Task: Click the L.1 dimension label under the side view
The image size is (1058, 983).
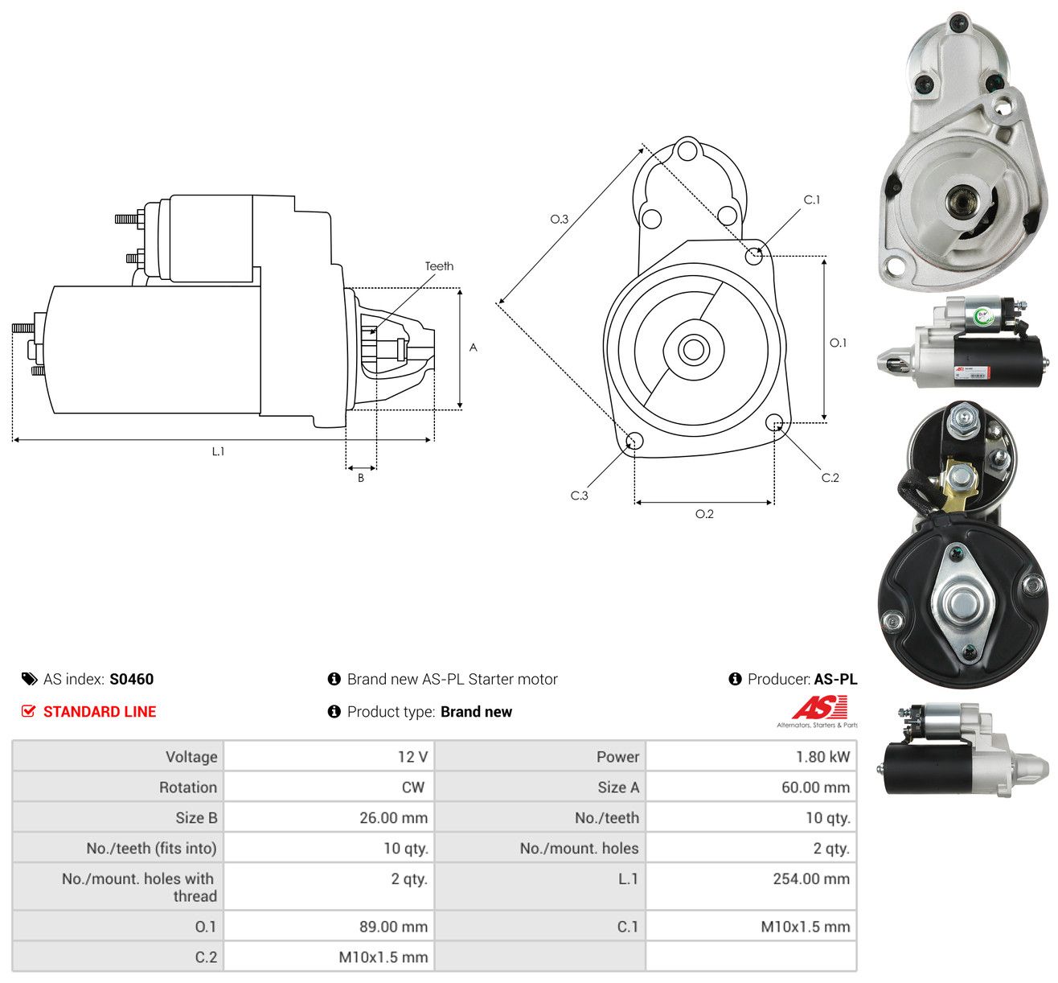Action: (x=218, y=451)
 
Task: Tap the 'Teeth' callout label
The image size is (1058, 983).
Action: (x=439, y=266)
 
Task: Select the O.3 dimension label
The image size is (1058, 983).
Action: (x=559, y=219)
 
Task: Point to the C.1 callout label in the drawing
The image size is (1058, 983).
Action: (x=811, y=200)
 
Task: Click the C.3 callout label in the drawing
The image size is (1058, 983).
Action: (x=579, y=496)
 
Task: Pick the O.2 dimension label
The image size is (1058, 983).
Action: (x=704, y=514)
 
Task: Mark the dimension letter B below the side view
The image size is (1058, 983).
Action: (x=361, y=478)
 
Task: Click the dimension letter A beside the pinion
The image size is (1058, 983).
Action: (x=473, y=348)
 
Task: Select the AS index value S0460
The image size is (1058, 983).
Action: (x=132, y=679)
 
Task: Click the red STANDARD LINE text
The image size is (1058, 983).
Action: (x=100, y=712)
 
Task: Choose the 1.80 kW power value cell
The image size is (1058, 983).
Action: (x=822, y=757)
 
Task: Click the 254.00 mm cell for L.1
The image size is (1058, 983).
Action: (x=811, y=878)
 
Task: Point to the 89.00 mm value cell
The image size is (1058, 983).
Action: (x=393, y=927)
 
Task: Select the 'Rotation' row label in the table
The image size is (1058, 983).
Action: (x=188, y=788)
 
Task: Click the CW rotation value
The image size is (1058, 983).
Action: (x=413, y=788)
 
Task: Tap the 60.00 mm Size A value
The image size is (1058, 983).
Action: (x=815, y=788)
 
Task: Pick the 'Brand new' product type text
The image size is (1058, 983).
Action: (x=476, y=712)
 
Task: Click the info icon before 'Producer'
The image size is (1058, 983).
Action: (x=735, y=679)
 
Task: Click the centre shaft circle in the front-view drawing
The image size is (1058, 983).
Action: (x=694, y=350)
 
